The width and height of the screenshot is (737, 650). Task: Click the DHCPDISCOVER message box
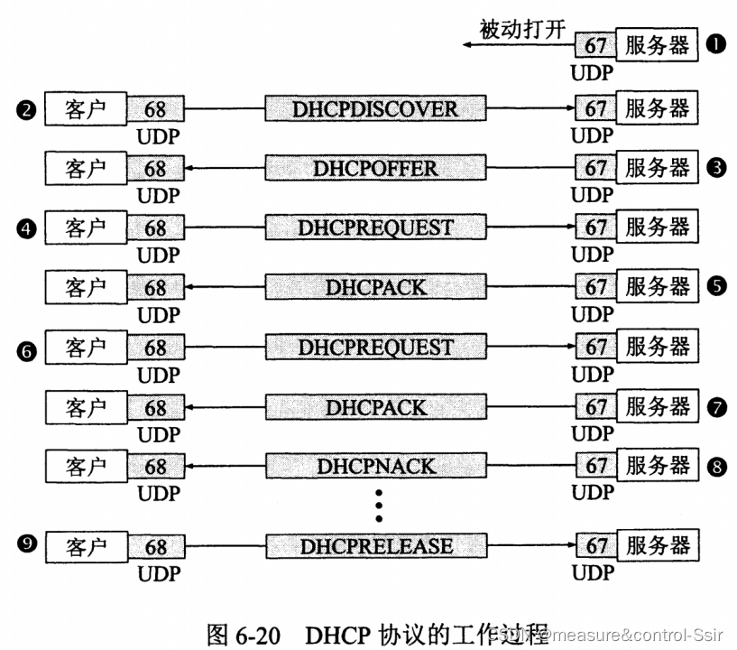coord(374,109)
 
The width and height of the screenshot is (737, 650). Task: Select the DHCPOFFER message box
coord(374,168)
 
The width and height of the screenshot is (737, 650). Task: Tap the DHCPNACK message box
coord(375,467)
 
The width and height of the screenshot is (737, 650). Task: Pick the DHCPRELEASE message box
coord(375,546)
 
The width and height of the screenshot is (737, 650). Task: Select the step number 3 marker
coord(716,168)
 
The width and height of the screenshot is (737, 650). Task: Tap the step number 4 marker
coord(26,229)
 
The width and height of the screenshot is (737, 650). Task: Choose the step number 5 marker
coord(716,287)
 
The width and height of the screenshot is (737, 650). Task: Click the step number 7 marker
coord(716,408)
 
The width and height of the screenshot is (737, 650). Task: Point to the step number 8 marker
coord(716,467)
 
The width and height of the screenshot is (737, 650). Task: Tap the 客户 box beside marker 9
coord(86,546)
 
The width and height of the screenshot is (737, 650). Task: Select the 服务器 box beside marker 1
coord(657,44)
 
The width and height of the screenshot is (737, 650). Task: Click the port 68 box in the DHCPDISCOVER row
coord(155,109)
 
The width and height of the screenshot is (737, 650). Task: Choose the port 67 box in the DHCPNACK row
coord(595,467)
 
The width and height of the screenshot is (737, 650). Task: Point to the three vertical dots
coord(379,506)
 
